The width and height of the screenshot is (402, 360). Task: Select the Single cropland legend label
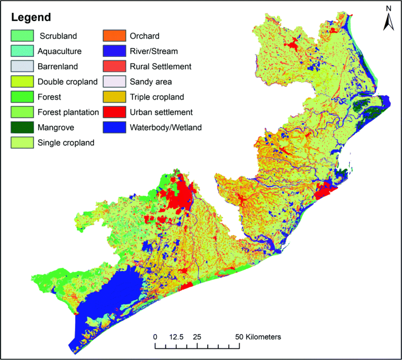66,142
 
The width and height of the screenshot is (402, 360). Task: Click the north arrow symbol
388,19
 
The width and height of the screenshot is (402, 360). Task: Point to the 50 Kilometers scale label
258,337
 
